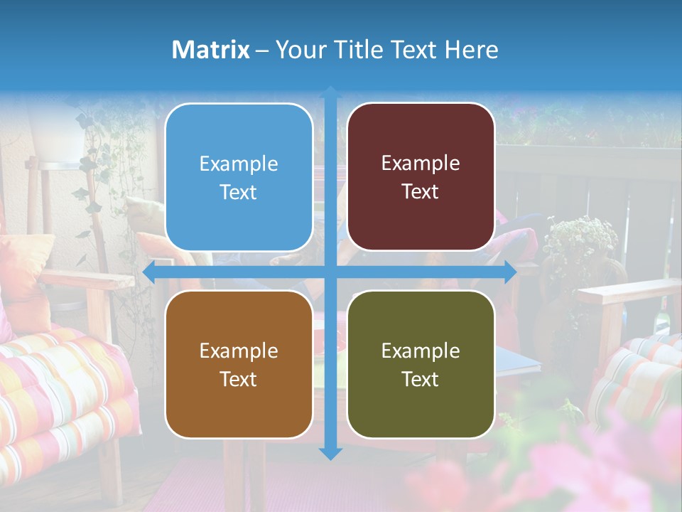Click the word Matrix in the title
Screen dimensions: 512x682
click(x=211, y=50)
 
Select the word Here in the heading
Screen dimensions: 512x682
click(x=472, y=50)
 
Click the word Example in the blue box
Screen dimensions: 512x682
click(x=239, y=164)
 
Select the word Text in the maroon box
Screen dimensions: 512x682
click(x=421, y=192)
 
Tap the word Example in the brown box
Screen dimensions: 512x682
click(x=239, y=351)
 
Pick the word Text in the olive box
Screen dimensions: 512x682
click(x=421, y=379)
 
